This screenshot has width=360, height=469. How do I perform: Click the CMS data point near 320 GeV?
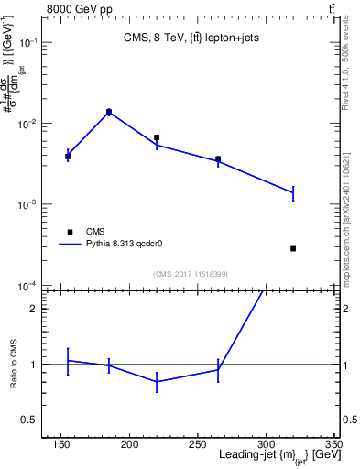[x=293, y=248]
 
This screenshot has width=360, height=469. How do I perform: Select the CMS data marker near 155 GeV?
[x=68, y=157]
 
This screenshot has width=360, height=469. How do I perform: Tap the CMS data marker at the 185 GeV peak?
[x=109, y=112]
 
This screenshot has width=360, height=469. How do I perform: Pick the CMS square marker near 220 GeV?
[x=157, y=137]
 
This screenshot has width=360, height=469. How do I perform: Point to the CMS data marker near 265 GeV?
[x=218, y=158]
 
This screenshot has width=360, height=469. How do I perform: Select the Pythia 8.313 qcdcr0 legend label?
[x=125, y=245]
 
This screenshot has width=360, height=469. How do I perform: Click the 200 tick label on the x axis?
[x=129, y=444]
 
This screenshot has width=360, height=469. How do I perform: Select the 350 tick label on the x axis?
[x=333, y=444]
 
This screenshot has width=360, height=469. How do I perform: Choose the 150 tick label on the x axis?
[x=61, y=444]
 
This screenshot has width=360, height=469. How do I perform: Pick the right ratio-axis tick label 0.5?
[x=349, y=420]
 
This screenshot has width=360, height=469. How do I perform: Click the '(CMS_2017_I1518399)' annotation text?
[x=191, y=273]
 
